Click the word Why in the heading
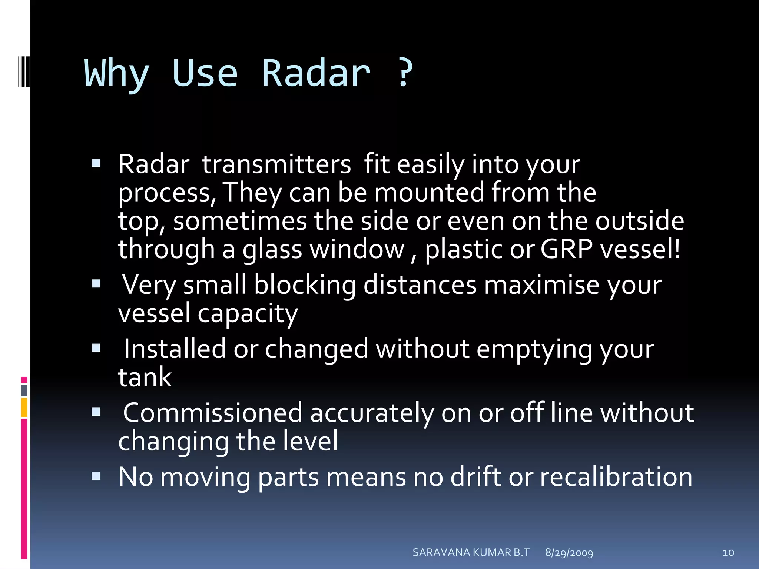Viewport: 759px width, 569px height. click(117, 74)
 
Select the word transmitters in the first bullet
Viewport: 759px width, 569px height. click(276, 164)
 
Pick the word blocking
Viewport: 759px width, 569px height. click(305, 285)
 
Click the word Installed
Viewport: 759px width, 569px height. click(175, 349)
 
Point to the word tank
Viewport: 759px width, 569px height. click(145, 377)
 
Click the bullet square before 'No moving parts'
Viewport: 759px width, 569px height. click(96, 475)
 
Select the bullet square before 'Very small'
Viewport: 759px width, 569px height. click(96, 284)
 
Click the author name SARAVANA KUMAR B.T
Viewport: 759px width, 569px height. click(471, 552)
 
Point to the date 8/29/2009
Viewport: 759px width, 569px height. click(569, 553)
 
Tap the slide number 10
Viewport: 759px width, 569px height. click(728, 553)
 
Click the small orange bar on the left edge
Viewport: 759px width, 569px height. click(24, 407)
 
